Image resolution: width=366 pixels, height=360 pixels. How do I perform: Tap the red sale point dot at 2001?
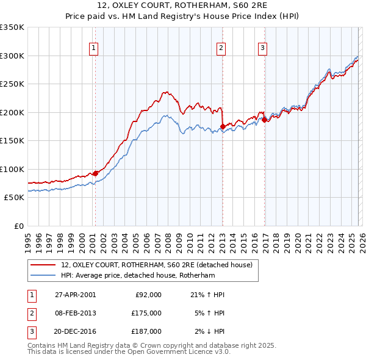(x=95, y=173)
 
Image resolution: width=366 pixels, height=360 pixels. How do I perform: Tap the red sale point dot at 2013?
(x=222, y=126)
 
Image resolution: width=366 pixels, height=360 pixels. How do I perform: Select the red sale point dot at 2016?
(x=264, y=120)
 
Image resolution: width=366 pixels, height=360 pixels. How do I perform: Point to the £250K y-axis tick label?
(x=12, y=84)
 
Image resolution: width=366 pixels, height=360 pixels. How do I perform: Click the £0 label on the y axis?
(x=18, y=226)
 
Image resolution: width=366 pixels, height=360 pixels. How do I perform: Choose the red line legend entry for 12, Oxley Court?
(x=160, y=265)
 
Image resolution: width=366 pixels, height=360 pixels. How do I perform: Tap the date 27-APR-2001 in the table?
(x=75, y=294)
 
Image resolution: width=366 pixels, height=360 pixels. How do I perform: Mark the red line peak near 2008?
(x=165, y=92)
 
